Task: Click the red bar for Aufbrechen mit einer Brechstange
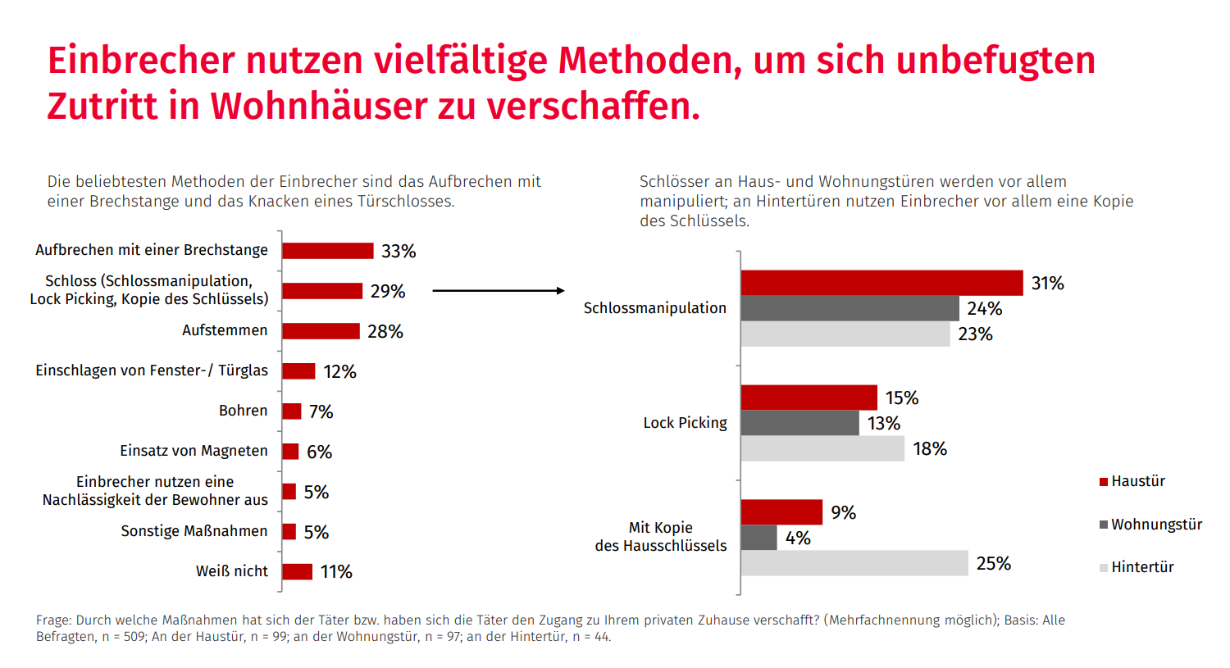coord(327,251)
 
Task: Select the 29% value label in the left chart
coord(388,291)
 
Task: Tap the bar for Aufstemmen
coord(321,331)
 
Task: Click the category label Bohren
coord(243,411)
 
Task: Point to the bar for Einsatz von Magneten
coord(290,452)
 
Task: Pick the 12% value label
coord(339,372)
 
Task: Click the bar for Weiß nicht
coord(297,572)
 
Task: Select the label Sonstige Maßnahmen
coord(194,531)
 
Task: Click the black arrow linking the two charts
coord(498,291)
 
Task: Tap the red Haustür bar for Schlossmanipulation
coord(881,283)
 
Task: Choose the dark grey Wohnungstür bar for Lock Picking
coord(799,423)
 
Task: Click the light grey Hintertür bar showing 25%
coord(854,563)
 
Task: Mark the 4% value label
coord(798,538)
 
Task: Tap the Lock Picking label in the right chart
coord(685,423)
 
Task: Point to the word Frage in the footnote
coord(54,620)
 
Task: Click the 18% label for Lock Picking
coord(930,449)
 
